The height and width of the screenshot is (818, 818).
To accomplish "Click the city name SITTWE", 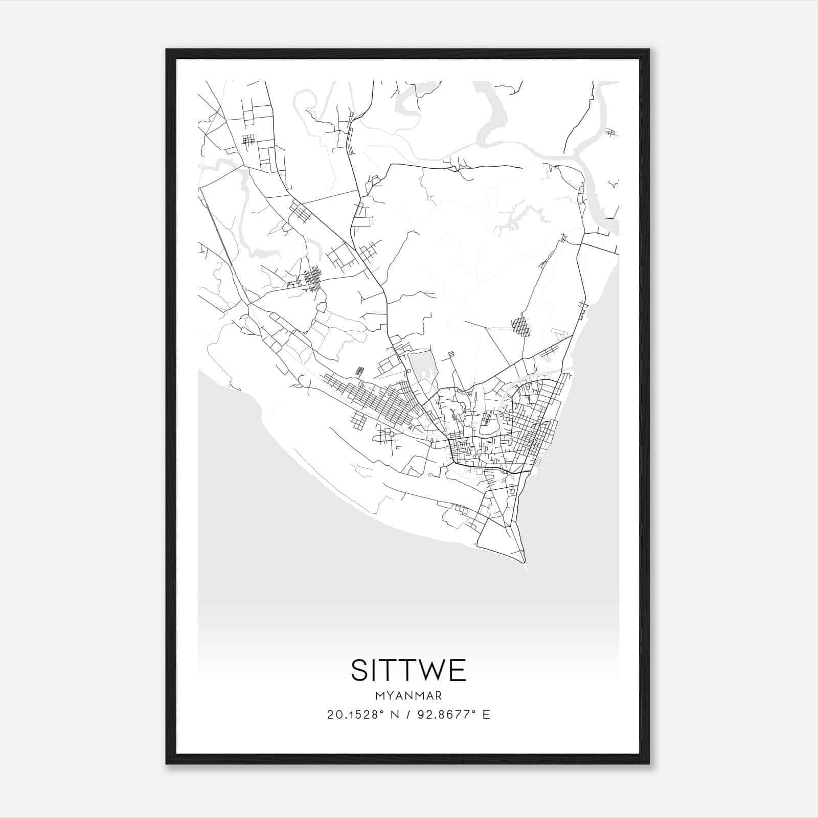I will [408, 670].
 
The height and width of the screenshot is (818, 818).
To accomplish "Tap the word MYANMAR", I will [408, 696].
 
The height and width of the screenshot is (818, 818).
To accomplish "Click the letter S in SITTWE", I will [360, 670].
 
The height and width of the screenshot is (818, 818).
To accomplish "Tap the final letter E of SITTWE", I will [458, 670].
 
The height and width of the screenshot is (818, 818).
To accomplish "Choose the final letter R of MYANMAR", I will [438, 696].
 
